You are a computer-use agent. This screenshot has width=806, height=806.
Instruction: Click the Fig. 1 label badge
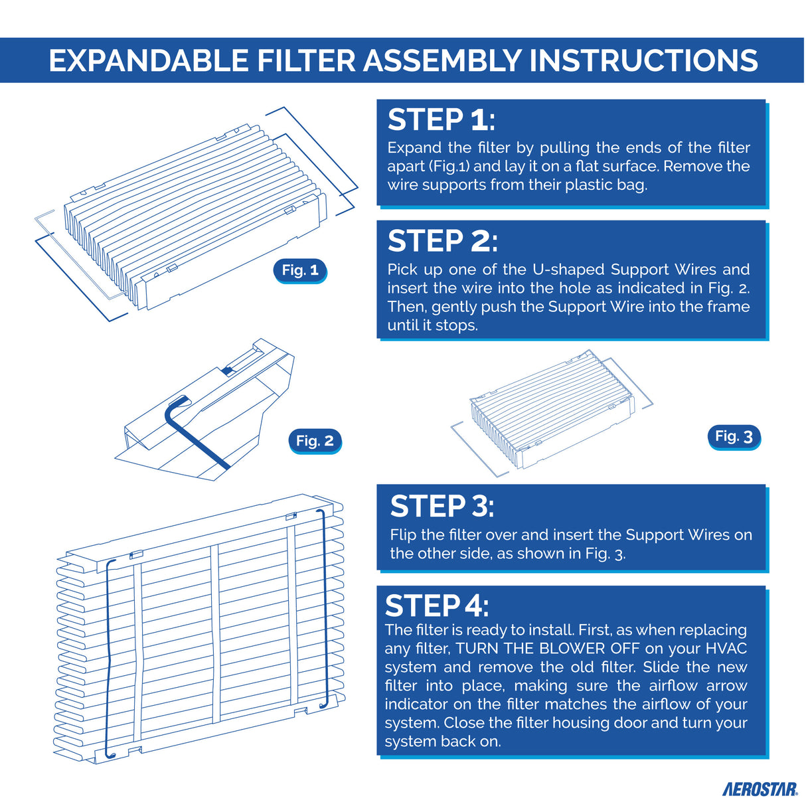(300, 270)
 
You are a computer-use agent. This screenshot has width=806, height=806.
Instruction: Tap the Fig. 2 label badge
(315, 441)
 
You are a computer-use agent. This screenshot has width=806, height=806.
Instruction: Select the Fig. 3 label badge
(734, 436)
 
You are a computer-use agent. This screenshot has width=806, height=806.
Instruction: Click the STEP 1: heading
(441, 120)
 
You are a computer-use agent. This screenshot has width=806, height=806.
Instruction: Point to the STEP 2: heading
(442, 241)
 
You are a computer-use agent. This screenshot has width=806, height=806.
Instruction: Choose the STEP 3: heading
(442, 507)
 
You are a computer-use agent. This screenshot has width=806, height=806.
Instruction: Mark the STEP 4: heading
(437, 605)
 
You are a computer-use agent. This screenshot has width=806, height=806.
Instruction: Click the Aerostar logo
(760, 789)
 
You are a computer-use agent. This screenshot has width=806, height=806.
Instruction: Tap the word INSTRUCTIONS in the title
(643, 60)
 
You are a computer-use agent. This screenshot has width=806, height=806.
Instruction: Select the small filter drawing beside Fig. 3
(551, 412)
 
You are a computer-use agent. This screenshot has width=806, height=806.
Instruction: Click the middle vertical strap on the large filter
(214, 634)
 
